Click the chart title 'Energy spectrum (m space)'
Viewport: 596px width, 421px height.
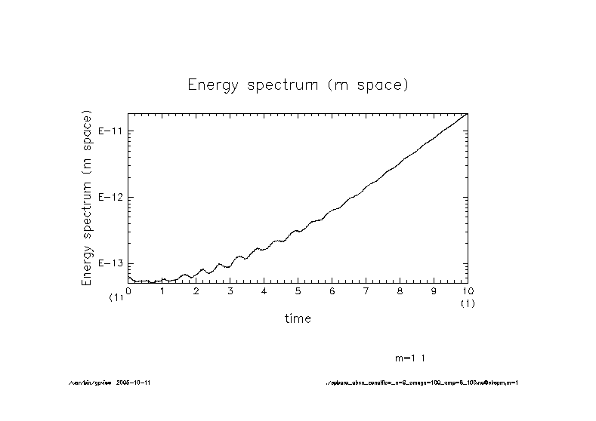pyautogui.click(x=298, y=85)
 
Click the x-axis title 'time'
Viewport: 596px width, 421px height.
pyautogui.click(x=298, y=318)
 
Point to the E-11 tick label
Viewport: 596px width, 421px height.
pyautogui.click(x=111, y=131)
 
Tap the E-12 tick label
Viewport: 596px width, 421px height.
pyautogui.click(x=111, y=198)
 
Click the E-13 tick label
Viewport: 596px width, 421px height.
pyautogui.click(x=111, y=263)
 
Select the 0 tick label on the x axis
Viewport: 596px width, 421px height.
pyautogui.click(x=128, y=290)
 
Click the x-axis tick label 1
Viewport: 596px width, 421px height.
pyautogui.click(x=162, y=290)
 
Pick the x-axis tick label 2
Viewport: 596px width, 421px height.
pyautogui.click(x=196, y=290)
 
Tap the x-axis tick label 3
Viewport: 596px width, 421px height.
pyautogui.click(x=230, y=290)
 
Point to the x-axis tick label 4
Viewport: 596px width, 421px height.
pyautogui.click(x=264, y=290)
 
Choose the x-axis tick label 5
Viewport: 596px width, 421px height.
pyautogui.click(x=298, y=290)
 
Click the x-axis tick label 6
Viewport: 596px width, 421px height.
pyautogui.click(x=332, y=290)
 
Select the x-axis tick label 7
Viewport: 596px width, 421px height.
pyautogui.click(x=366, y=290)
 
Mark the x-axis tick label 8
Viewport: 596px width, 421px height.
pyautogui.click(x=400, y=290)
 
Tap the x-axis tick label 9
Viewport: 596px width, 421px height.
pyautogui.click(x=434, y=290)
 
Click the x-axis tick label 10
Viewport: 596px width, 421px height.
pyautogui.click(x=468, y=290)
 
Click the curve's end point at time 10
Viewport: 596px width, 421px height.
pyautogui.click(x=468, y=113)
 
